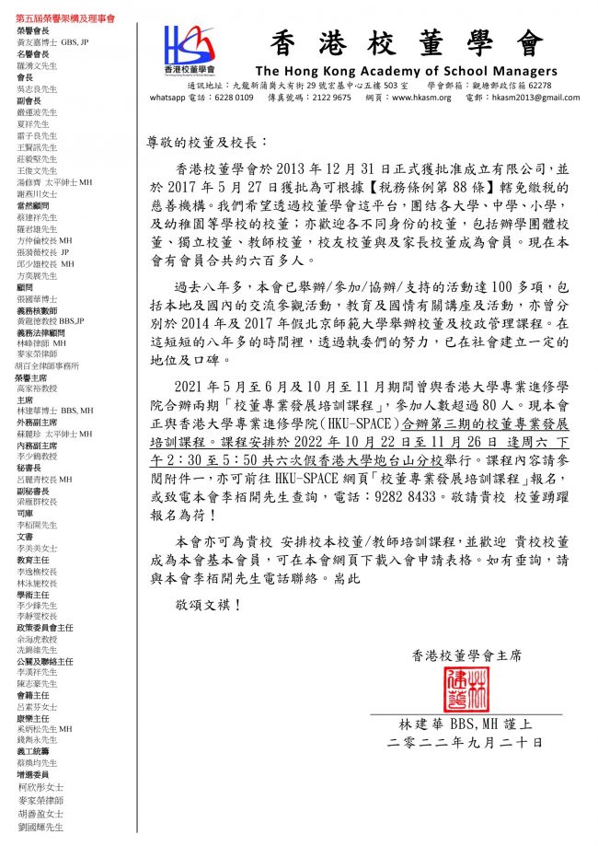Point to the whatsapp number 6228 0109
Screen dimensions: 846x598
(229, 97)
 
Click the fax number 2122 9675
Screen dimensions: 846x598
(329, 97)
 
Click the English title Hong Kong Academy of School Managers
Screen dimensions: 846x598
(406, 71)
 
